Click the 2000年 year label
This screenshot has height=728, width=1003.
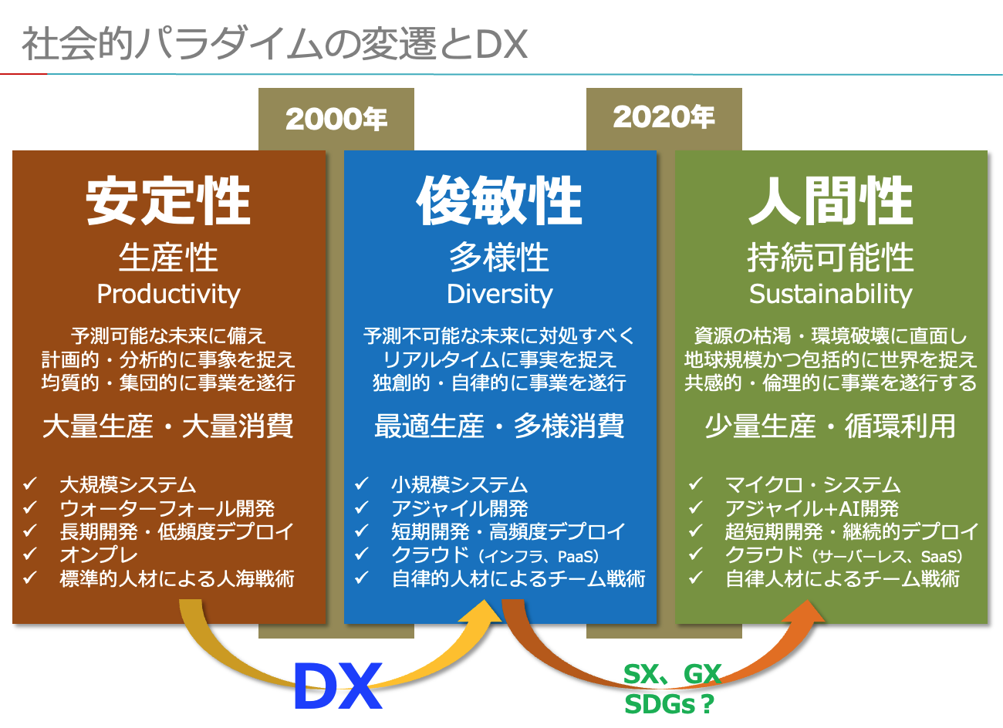336,120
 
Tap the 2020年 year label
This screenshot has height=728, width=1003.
664,117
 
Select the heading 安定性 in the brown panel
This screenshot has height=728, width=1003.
168,201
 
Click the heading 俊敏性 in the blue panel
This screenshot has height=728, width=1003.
500,201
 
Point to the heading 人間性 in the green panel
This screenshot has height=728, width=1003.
831,201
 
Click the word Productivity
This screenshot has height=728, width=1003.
168,295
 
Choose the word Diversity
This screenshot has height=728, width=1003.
500,295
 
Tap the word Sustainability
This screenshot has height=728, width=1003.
831,295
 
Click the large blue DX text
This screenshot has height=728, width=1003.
338,686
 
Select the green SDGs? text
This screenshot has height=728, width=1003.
669,704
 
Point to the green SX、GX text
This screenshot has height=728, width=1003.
673,674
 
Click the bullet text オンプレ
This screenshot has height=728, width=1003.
99,555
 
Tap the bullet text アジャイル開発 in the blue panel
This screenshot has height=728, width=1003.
459,509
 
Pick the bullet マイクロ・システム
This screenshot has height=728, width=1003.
812,485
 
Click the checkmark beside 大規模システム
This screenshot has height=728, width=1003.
30,484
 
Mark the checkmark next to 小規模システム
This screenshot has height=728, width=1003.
361,484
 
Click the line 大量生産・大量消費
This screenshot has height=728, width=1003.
168,426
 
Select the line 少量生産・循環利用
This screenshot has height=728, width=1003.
831,426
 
